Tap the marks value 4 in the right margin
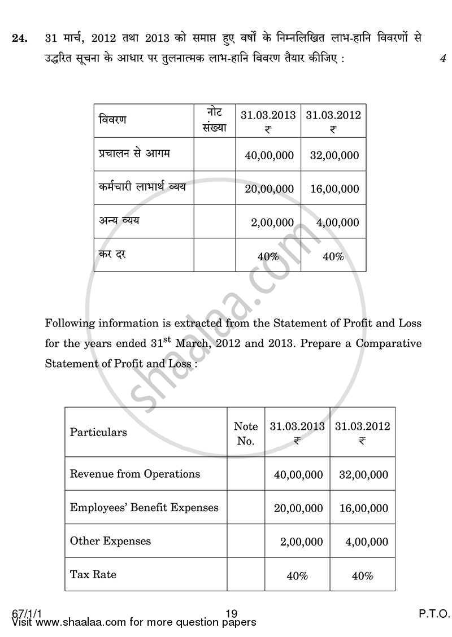click(442, 58)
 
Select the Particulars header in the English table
click(98, 432)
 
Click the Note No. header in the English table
click(246, 433)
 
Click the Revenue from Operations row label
click(134, 473)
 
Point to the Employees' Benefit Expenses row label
click(144, 507)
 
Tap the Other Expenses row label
click(110, 541)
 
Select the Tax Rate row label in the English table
click(93, 574)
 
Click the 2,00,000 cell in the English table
click(302, 542)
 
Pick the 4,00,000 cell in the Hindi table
click(337, 222)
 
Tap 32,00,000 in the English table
click(363, 475)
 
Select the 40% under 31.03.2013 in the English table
click(297, 576)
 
